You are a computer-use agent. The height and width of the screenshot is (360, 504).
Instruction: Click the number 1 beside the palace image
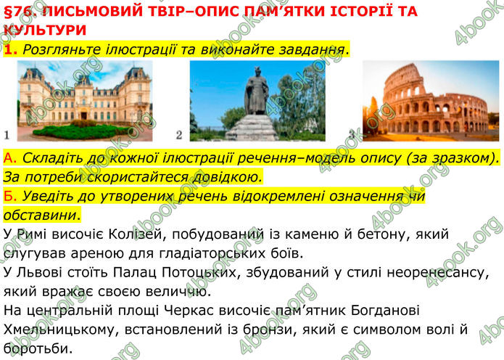pos(6,135)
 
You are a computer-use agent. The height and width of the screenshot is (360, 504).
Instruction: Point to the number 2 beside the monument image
pos(179,135)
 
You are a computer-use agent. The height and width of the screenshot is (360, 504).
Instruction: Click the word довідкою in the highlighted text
pos(224,176)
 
